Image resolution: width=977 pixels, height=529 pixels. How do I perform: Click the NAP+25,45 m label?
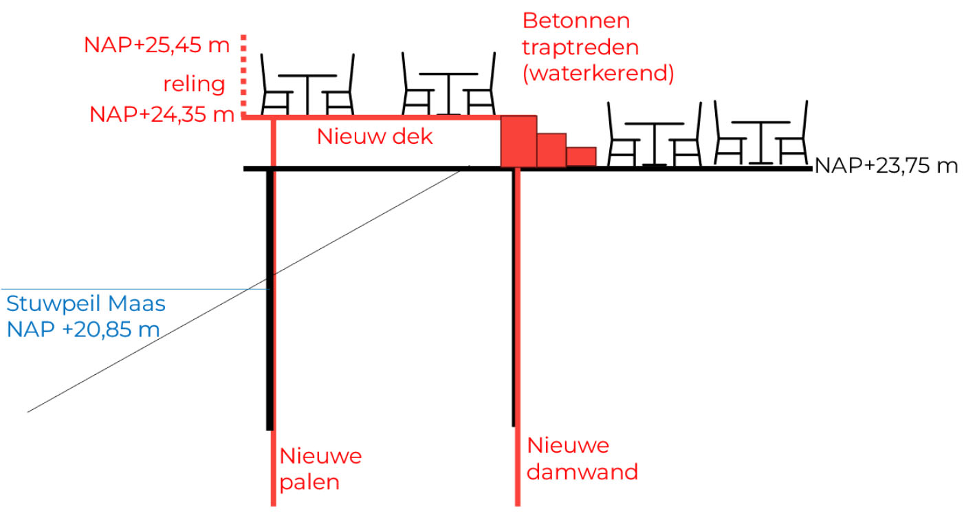[157, 45]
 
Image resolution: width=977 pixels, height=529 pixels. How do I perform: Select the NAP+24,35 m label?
[162, 114]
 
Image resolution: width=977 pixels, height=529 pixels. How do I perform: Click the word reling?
[194, 85]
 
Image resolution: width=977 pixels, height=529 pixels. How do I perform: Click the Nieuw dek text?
[375, 136]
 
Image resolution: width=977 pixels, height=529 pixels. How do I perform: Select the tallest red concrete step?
[518, 141]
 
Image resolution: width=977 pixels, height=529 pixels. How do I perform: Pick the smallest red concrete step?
[581, 156]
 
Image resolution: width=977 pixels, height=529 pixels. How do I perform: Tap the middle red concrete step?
[551, 149]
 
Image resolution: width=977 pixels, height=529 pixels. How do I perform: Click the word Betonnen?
[576, 20]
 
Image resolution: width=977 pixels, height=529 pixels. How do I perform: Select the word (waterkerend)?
[598, 73]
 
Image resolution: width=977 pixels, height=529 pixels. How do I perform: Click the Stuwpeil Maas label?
[86, 303]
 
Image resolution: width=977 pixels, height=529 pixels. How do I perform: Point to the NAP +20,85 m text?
[83, 329]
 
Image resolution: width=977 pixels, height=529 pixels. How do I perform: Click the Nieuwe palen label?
[320, 468]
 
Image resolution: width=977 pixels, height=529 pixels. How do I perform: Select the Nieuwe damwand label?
[582, 459]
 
